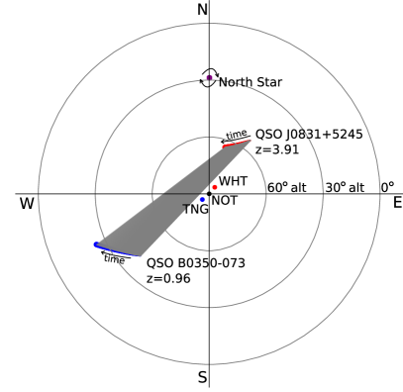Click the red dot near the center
click(x=215, y=187)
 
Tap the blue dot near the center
click(x=203, y=200)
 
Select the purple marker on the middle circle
click(x=210, y=77)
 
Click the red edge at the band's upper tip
click(x=235, y=145)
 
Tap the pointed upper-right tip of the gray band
click(x=251, y=141)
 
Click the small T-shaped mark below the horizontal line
click(x=187, y=207)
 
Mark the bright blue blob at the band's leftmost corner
click(x=96, y=244)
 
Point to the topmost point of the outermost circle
click(x=210, y=24)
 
